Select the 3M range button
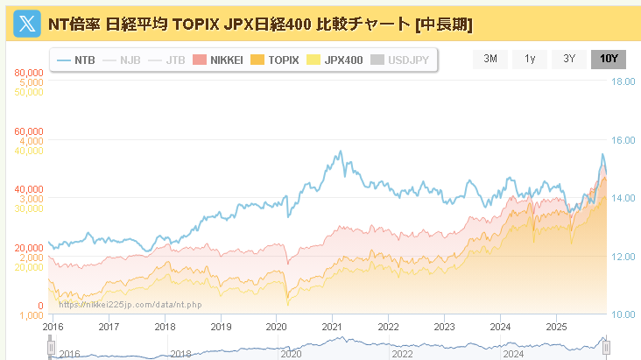point(490,59)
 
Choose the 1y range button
point(530,59)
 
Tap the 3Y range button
point(569,59)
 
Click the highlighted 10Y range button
point(609,59)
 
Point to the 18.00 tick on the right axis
point(623,81)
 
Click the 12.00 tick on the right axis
point(623,257)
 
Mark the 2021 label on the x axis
point(332,327)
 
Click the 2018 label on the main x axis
point(164,327)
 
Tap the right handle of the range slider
point(605,348)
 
